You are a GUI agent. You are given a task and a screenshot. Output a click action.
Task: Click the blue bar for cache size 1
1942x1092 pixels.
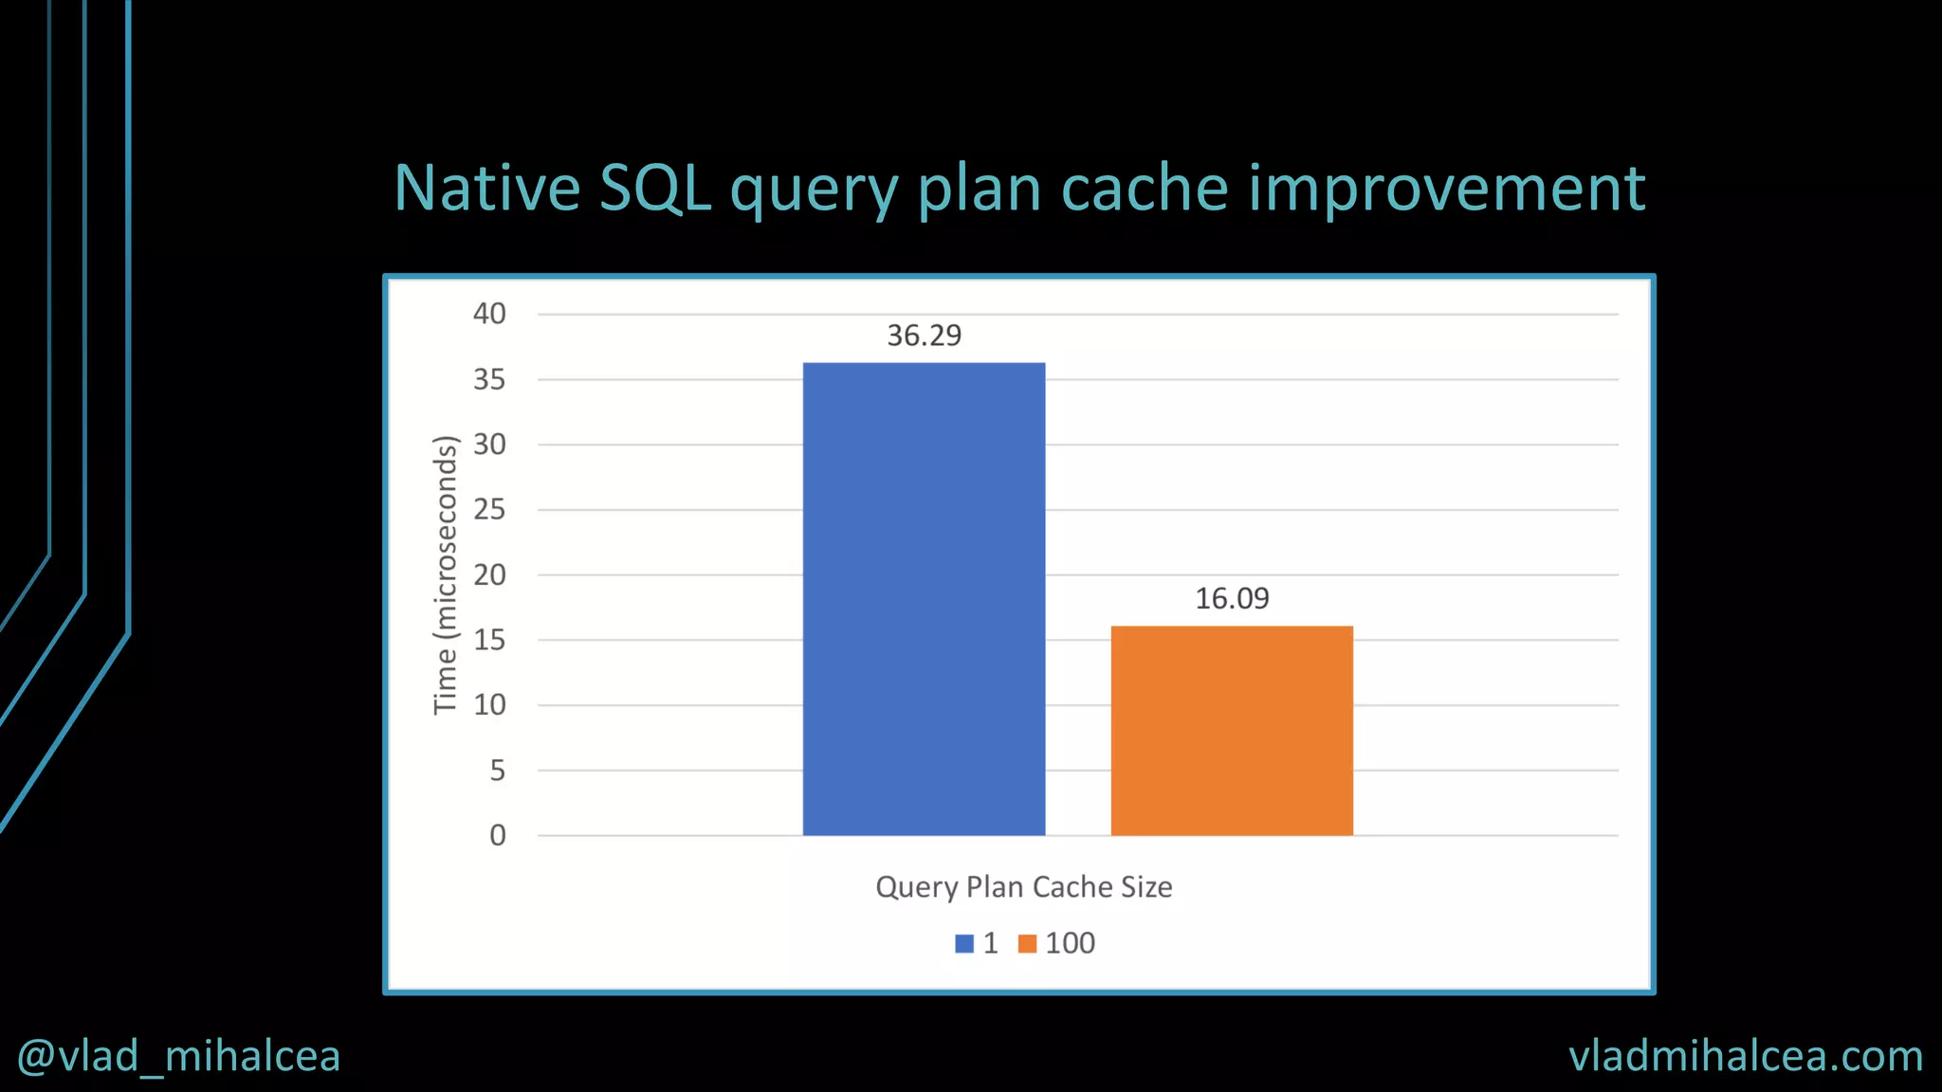[924, 599]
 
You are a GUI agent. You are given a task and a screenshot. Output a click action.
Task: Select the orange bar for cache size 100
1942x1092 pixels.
[1232, 731]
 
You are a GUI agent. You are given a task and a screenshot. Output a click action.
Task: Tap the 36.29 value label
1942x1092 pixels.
[924, 336]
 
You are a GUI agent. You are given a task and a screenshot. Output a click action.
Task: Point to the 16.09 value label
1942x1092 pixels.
[1232, 599]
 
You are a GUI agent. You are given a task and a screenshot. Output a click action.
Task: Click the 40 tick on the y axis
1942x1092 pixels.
[489, 314]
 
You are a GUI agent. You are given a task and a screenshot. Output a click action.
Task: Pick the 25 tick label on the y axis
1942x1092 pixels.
[489, 510]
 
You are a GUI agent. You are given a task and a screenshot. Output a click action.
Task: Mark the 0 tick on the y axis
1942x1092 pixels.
[497, 836]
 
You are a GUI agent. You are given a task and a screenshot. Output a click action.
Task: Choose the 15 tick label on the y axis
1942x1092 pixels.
[489, 641]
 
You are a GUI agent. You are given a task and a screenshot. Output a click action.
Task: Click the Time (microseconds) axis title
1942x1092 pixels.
[445, 574]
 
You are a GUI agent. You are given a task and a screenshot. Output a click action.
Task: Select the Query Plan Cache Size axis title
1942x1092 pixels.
[1023, 887]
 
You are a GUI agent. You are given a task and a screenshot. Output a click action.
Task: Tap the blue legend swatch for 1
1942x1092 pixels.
[964, 944]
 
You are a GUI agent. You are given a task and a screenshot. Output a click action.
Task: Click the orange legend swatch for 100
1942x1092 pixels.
[1027, 944]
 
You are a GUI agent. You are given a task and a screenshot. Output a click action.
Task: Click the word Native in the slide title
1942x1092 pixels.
[486, 188]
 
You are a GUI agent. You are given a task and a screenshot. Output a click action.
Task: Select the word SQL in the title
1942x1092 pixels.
[655, 188]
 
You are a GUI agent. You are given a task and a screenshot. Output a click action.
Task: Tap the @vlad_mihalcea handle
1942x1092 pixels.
[178, 1056]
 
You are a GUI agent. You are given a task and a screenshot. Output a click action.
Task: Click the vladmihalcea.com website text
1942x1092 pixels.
[1746, 1056]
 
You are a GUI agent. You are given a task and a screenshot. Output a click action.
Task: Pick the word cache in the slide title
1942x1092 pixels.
[1145, 188]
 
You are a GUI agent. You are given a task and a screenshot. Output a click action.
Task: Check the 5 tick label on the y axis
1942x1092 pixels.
[497, 771]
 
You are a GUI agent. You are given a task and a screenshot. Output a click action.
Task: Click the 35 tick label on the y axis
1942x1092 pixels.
[489, 380]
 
